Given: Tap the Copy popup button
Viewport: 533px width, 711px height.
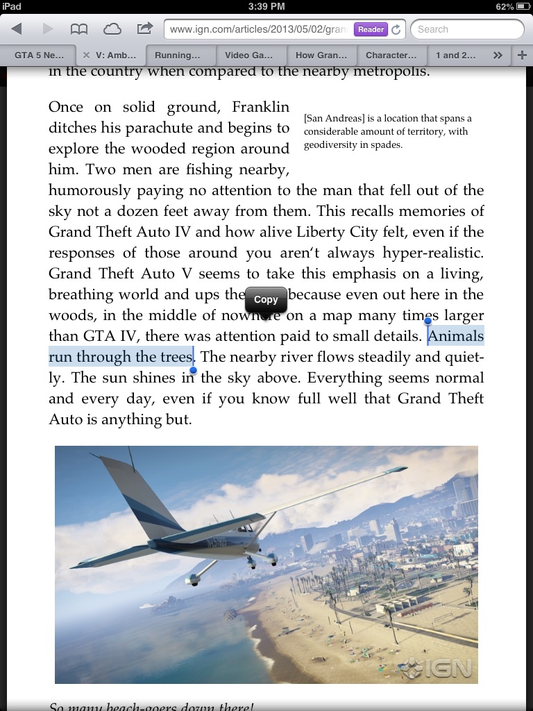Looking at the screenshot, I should (x=266, y=300).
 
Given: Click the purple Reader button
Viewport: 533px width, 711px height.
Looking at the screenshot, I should (x=371, y=29).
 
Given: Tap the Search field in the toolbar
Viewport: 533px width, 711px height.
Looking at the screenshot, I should (x=466, y=29).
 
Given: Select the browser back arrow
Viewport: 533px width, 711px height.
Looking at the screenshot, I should (x=17, y=29).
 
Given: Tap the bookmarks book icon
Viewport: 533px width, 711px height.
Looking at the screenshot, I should (x=79, y=29).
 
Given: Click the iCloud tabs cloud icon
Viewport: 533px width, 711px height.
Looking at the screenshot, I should (x=112, y=29).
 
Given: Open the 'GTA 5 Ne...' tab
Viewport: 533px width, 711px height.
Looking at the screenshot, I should (x=39, y=55).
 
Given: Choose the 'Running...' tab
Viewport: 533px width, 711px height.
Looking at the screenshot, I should (x=177, y=55).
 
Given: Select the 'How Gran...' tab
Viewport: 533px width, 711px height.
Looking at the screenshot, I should (x=321, y=55).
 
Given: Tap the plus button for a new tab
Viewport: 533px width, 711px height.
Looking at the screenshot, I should (x=522, y=55).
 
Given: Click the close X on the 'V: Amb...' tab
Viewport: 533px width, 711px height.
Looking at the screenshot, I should (x=87, y=55).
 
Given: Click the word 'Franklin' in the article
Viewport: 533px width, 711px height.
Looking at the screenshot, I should (x=260, y=107).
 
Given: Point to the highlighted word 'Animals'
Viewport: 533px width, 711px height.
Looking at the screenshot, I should (x=456, y=336).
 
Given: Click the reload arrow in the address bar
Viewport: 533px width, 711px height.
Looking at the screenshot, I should (x=396, y=29).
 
